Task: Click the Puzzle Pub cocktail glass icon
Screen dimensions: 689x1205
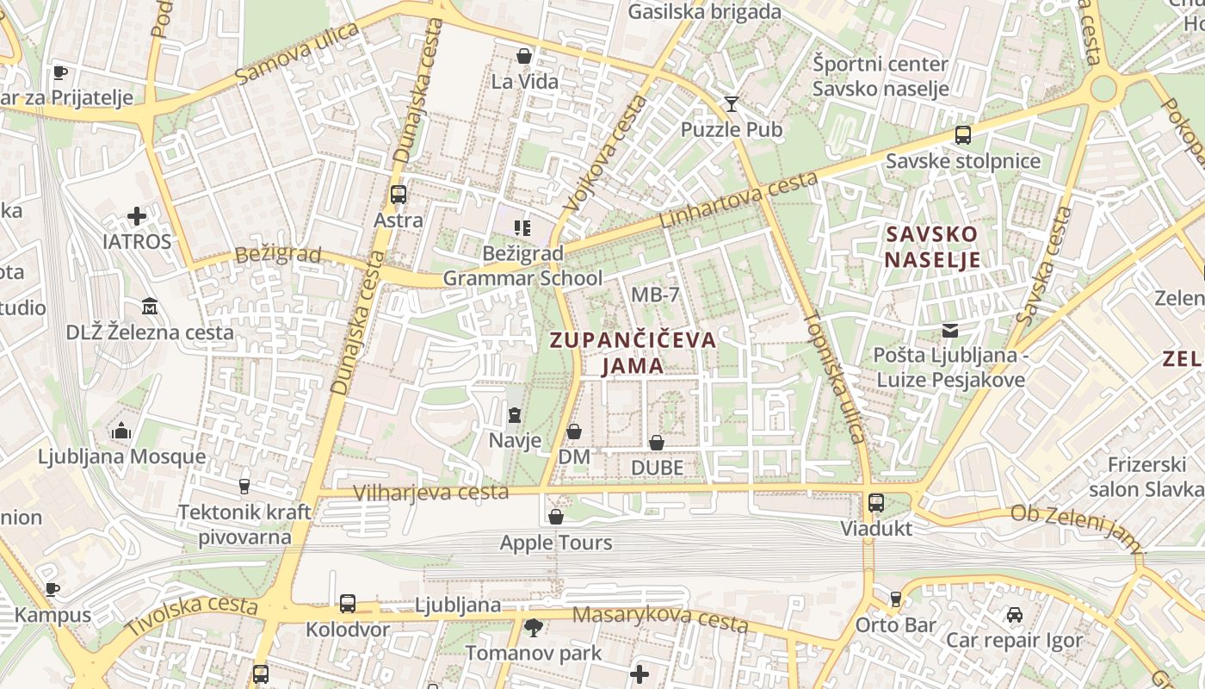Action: (x=732, y=104)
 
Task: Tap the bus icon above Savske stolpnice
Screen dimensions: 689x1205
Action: (x=962, y=135)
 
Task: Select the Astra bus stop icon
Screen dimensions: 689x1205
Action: (x=398, y=195)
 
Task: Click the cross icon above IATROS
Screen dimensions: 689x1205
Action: (x=137, y=215)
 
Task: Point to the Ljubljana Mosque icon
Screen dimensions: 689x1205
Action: (x=121, y=430)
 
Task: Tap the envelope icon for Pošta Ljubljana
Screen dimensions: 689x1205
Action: (x=949, y=330)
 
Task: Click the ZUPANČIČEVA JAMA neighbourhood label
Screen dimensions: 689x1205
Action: (x=633, y=352)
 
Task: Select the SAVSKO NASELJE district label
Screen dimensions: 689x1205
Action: (x=933, y=247)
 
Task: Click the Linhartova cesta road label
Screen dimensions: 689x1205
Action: (x=738, y=200)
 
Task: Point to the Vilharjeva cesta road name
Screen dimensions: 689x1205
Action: (x=431, y=493)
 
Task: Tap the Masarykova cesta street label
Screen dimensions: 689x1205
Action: (x=660, y=618)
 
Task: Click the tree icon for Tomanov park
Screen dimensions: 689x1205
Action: (x=534, y=627)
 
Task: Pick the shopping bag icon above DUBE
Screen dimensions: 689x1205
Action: (x=657, y=443)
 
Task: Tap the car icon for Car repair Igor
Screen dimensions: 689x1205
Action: (x=1015, y=615)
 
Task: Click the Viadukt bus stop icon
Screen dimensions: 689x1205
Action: (x=876, y=503)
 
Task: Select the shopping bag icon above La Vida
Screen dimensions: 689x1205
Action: (x=523, y=56)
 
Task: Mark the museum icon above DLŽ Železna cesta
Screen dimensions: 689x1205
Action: (x=150, y=306)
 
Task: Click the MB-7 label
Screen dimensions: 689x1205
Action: (x=655, y=295)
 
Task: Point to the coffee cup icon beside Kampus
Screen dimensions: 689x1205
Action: (x=53, y=590)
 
